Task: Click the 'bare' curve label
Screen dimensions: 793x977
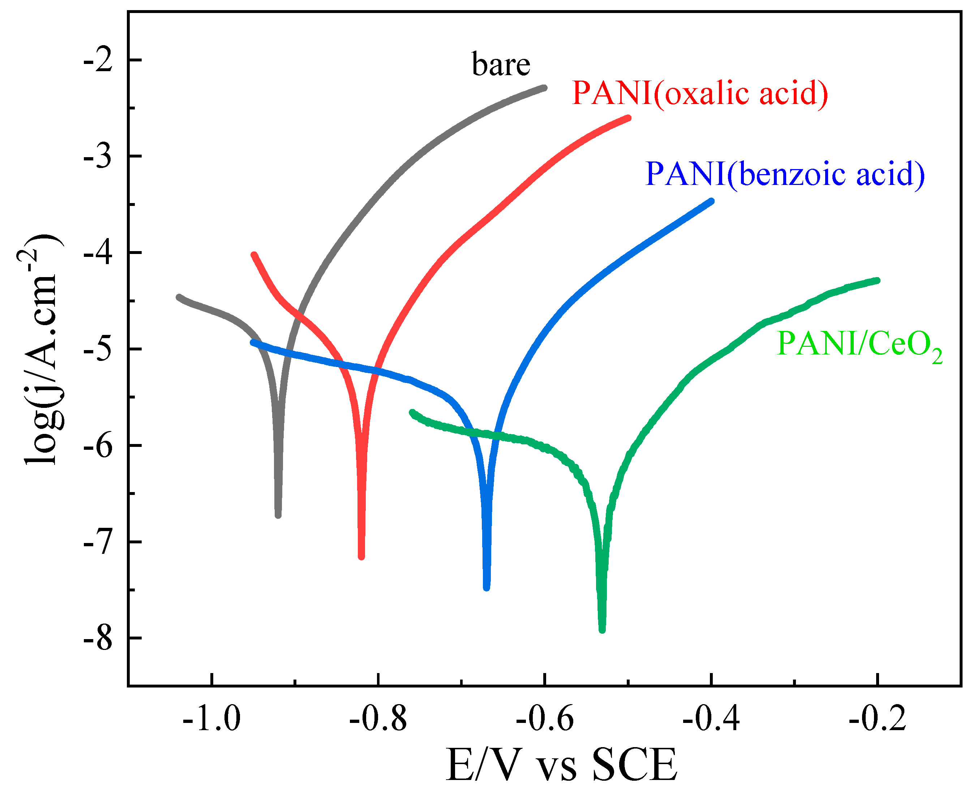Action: [501, 65]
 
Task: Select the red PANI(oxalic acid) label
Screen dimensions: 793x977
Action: [700, 93]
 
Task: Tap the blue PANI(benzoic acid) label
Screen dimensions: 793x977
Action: [785, 174]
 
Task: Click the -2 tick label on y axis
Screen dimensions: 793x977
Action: [98, 60]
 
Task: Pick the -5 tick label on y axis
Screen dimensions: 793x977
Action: [98, 349]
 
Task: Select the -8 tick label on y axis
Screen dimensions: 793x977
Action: [98, 639]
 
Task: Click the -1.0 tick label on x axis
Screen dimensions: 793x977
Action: [211, 719]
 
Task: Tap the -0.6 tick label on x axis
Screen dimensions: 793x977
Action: [544, 719]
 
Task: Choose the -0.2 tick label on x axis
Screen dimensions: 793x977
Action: [877, 719]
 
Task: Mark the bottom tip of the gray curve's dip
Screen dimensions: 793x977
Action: [278, 515]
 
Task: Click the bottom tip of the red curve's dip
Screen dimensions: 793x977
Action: [361, 556]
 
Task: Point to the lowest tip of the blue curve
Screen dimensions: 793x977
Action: [487, 587]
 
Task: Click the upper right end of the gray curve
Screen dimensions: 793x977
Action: [544, 88]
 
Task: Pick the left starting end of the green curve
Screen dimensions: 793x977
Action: [412, 413]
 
